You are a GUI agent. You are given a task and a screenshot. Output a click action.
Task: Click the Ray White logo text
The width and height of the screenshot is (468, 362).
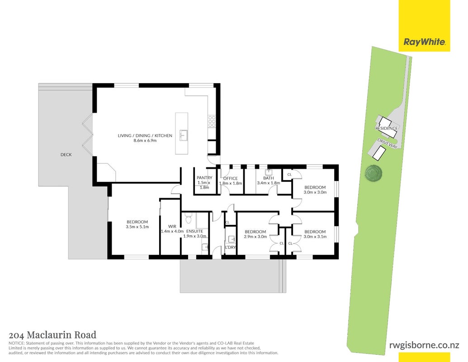(425, 42)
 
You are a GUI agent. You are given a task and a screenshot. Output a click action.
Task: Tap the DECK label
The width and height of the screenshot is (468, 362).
(66, 154)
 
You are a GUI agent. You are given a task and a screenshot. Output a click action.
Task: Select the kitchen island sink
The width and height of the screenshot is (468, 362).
(183, 135)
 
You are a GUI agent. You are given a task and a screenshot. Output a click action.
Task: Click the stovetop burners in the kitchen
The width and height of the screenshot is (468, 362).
(212, 121)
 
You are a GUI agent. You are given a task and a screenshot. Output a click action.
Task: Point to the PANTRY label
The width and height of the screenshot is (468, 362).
(204, 178)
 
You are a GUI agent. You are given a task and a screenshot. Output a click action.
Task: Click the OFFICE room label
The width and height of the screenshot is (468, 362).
(231, 178)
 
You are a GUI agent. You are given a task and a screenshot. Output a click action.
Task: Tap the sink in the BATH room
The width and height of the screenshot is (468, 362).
(269, 172)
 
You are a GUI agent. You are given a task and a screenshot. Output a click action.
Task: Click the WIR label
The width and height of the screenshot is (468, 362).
(172, 226)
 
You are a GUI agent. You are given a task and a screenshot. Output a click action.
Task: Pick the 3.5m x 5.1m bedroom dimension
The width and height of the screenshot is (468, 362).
(137, 227)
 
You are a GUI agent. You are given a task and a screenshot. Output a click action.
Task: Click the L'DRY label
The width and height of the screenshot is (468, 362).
(231, 248)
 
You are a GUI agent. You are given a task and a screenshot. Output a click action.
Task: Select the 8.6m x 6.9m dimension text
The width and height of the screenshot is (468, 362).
(145, 140)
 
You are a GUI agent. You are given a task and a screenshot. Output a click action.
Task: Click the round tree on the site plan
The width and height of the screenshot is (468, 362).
(373, 173)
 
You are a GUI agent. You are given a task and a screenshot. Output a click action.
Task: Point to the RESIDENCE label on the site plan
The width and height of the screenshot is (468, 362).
(387, 128)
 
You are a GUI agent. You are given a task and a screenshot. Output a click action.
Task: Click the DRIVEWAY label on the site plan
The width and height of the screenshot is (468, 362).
(388, 143)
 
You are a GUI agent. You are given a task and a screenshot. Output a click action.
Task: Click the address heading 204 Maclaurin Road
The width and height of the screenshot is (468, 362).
(52, 335)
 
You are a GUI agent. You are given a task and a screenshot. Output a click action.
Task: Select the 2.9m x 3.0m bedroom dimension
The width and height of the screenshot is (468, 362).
(255, 237)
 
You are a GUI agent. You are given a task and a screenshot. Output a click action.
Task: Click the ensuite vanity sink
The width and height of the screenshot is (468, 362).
(204, 247)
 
